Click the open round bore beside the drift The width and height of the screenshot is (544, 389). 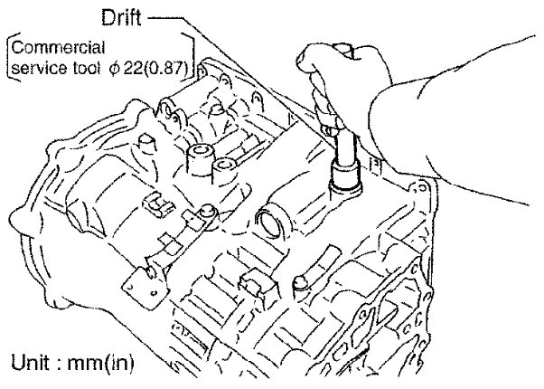[x=270, y=221]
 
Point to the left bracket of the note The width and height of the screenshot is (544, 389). [x=9, y=55]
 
